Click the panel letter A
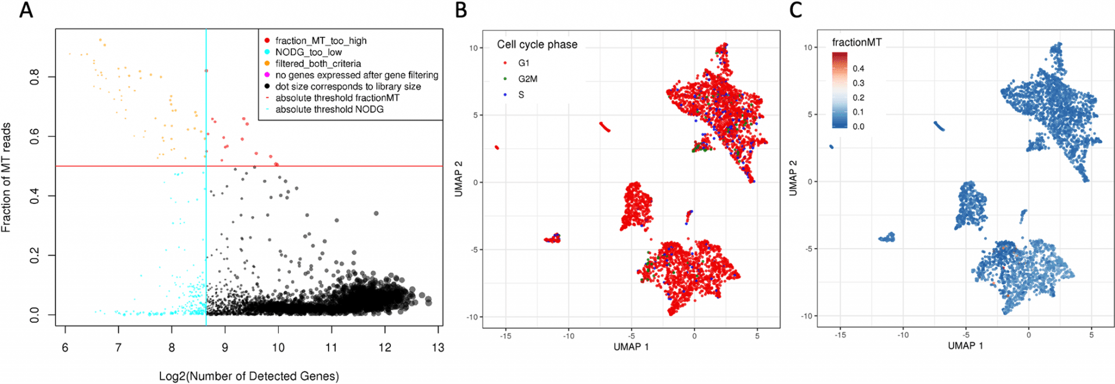tap(26, 10)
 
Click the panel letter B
tap(461, 10)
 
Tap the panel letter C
tap(796, 10)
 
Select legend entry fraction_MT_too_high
tap(321, 41)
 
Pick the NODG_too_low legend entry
tap(308, 52)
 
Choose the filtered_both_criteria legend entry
tap(318, 64)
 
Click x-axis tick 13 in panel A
tap(438, 348)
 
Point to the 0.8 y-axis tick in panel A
tap(35, 77)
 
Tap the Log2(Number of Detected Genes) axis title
tap(249, 376)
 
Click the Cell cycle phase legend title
tap(537, 45)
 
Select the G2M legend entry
tap(527, 79)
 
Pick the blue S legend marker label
tap(521, 95)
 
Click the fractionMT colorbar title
tap(857, 42)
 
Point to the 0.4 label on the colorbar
tap(858, 69)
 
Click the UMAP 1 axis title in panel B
tap(631, 347)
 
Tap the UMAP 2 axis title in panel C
tap(793, 178)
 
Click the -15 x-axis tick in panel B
tap(505, 336)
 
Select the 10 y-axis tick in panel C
tap(808, 48)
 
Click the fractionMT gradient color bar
tap(839, 90)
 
